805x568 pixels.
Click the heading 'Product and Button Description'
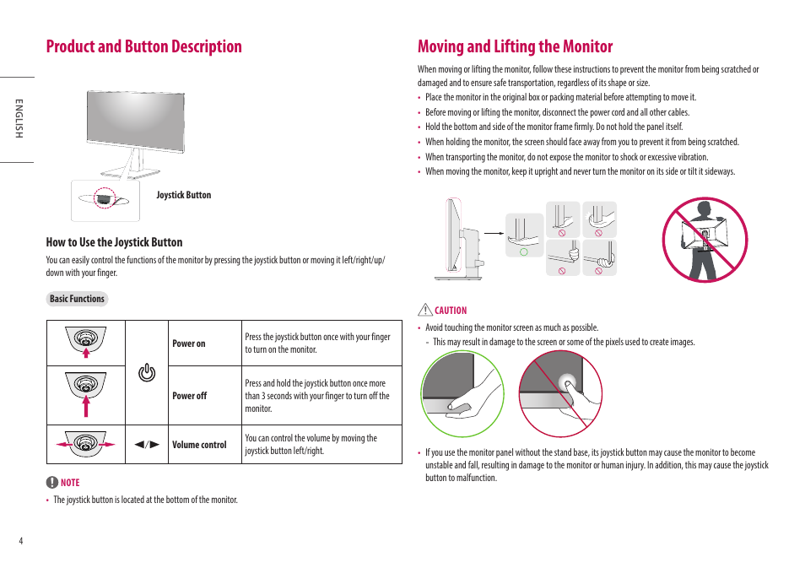(x=144, y=46)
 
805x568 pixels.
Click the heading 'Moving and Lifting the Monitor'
(x=515, y=46)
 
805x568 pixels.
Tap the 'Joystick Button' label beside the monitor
(x=183, y=195)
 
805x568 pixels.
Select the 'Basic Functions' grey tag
(x=77, y=299)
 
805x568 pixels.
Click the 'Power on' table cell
(x=189, y=344)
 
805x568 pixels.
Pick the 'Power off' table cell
(x=189, y=396)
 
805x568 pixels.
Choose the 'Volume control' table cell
(x=199, y=445)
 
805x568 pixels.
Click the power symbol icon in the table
(x=147, y=372)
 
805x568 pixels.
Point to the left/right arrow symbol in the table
(x=148, y=445)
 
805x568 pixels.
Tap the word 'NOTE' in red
(x=70, y=483)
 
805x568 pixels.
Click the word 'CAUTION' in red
(x=451, y=311)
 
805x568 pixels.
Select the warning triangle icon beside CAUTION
(x=426, y=310)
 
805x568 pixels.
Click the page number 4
(x=21, y=540)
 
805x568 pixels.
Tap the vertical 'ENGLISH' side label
(x=18, y=119)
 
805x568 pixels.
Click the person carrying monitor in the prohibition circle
(x=705, y=240)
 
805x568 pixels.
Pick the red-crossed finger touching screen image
(x=560, y=394)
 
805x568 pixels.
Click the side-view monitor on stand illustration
(x=460, y=239)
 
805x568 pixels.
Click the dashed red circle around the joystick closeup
(x=105, y=197)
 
